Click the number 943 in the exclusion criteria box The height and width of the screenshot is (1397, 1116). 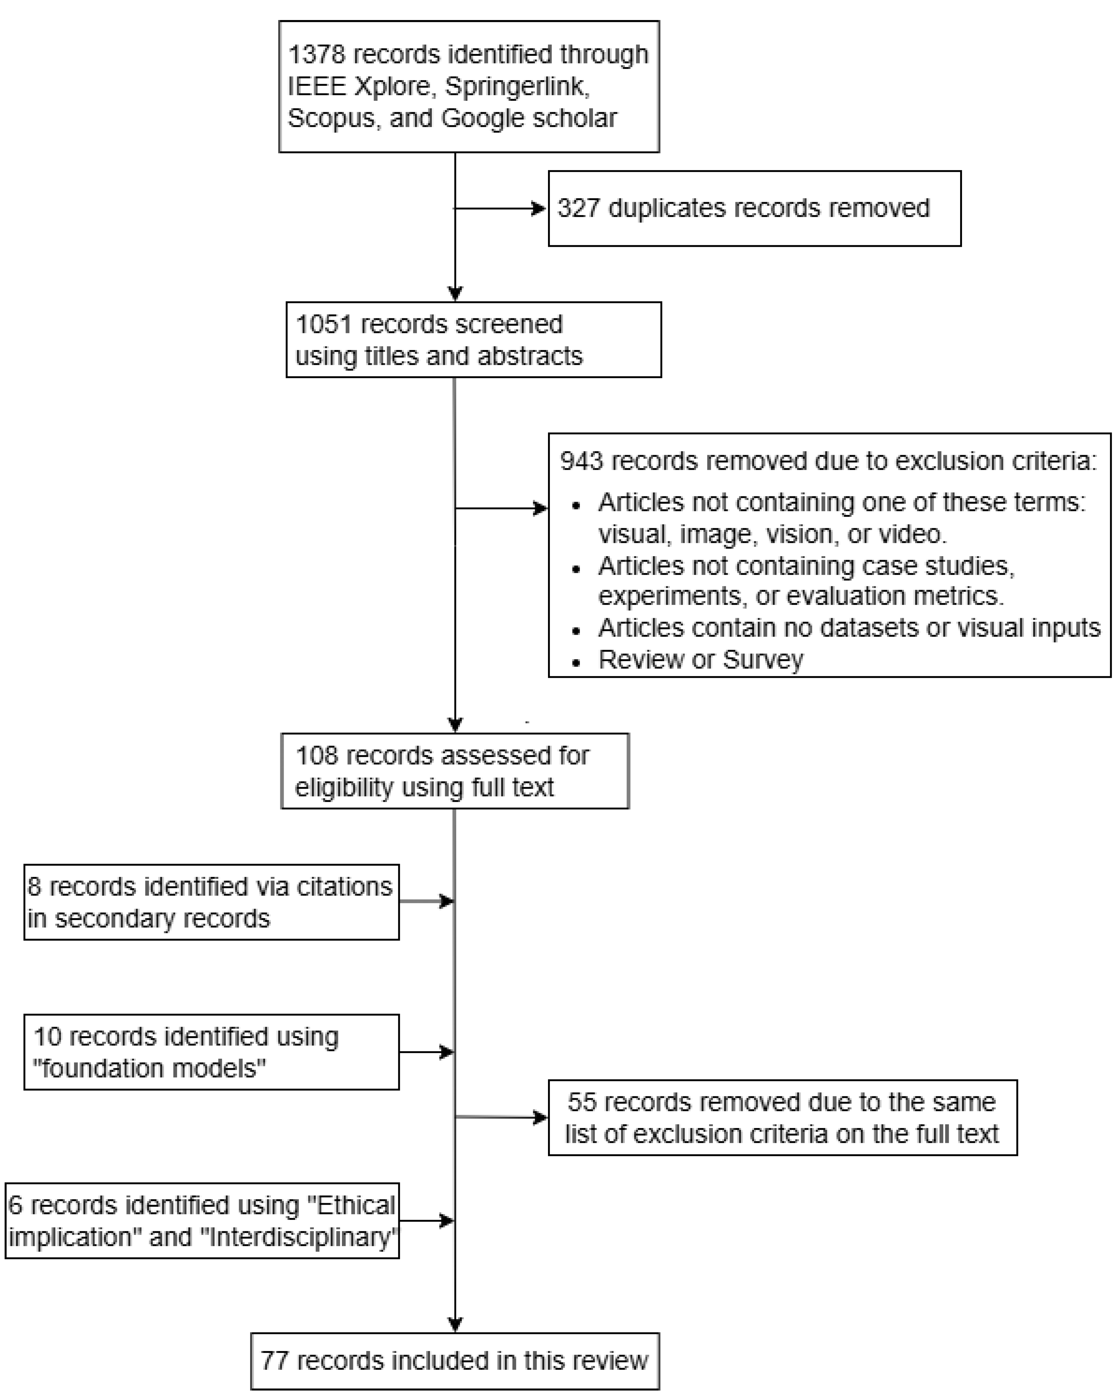(581, 461)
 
